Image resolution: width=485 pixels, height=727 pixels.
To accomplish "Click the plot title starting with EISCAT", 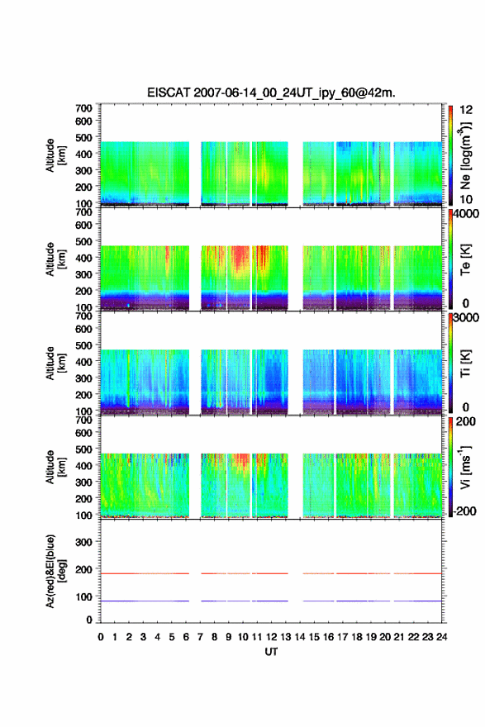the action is point(271,93).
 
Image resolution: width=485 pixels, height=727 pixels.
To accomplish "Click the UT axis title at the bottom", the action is point(271,652).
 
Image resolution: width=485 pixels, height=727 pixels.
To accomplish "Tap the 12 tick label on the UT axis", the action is point(271,637).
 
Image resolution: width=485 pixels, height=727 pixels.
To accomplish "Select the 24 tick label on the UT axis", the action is point(442,637).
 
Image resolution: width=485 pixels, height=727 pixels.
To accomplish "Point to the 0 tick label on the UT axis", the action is point(101,637).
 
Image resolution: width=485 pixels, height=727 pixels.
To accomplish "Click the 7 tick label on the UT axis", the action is point(200,637).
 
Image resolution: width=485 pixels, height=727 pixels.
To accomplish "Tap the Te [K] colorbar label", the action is point(465,259).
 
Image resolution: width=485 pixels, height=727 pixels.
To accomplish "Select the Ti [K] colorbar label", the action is point(465,363).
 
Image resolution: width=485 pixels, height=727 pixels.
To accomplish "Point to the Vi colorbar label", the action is point(465,467).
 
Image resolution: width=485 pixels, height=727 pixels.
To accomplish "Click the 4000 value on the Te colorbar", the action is point(466,214).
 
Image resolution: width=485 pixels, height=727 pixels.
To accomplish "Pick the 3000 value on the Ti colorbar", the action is point(466,317).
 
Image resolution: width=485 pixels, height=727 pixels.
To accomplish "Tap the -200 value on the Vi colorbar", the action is point(464,511).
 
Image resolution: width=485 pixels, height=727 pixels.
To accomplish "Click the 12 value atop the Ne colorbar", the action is point(466,110).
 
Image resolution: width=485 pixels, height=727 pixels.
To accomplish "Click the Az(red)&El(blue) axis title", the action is point(55,571).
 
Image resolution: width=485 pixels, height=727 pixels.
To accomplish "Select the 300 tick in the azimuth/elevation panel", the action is point(84,542).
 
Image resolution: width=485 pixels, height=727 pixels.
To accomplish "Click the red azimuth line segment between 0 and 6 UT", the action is point(145,573).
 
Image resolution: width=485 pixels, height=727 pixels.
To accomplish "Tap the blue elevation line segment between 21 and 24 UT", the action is point(418,601).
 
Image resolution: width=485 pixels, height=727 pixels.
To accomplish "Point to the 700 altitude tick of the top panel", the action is point(84,108).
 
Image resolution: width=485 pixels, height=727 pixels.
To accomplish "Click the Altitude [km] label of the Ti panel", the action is point(55,363).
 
